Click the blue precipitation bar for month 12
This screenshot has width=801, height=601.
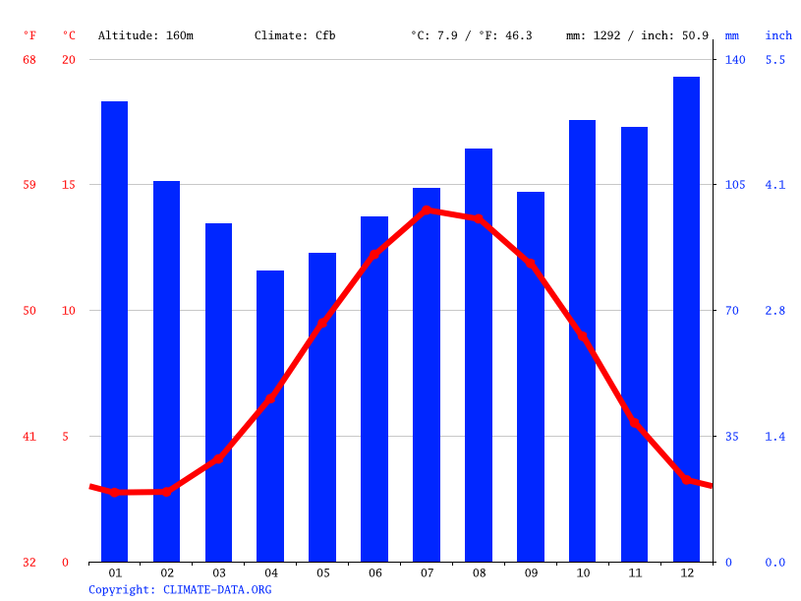(686, 319)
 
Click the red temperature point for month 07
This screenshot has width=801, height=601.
(427, 210)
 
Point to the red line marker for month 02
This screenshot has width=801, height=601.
(166, 491)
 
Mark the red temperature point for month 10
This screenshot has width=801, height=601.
(582, 336)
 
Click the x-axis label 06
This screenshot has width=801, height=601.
(374, 572)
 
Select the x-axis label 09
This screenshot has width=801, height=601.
(531, 572)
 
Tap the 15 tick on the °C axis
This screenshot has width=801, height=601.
(69, 185)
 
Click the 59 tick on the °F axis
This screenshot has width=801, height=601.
(29, 185)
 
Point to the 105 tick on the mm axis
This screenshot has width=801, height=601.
(735, 185)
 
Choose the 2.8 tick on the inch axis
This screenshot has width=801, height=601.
(775, 311)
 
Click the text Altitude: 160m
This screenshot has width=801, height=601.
(145, 35)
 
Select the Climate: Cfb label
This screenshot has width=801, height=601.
(295, 35)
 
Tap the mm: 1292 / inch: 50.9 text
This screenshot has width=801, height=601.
(637, 35)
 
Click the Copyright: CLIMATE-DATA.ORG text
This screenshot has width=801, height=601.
(180, 589)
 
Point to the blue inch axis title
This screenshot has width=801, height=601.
(778, 35)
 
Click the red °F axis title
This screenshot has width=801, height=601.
(29, 35)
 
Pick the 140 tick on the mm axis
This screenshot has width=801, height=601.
(735, 60)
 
